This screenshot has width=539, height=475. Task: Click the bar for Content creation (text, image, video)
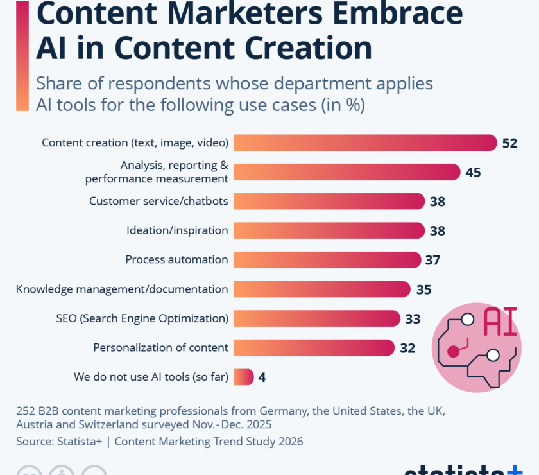364,142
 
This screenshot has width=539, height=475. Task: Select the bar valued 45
346,172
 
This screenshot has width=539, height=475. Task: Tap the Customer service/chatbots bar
329,201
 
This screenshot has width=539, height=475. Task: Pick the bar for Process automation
327,259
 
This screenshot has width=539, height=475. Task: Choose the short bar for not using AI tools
243,377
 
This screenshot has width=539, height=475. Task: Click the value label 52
509,143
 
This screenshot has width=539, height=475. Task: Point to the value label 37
432,260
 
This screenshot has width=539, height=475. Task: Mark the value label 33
412,318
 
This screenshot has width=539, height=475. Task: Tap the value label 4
262,377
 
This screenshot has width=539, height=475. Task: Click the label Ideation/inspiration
177,230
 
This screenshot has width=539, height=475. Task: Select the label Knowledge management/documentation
122,289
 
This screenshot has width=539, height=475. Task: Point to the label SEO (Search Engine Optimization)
142,318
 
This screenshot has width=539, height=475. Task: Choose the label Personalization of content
160,347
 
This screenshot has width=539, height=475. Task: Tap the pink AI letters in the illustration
499,322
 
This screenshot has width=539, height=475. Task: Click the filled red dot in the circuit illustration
453,351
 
